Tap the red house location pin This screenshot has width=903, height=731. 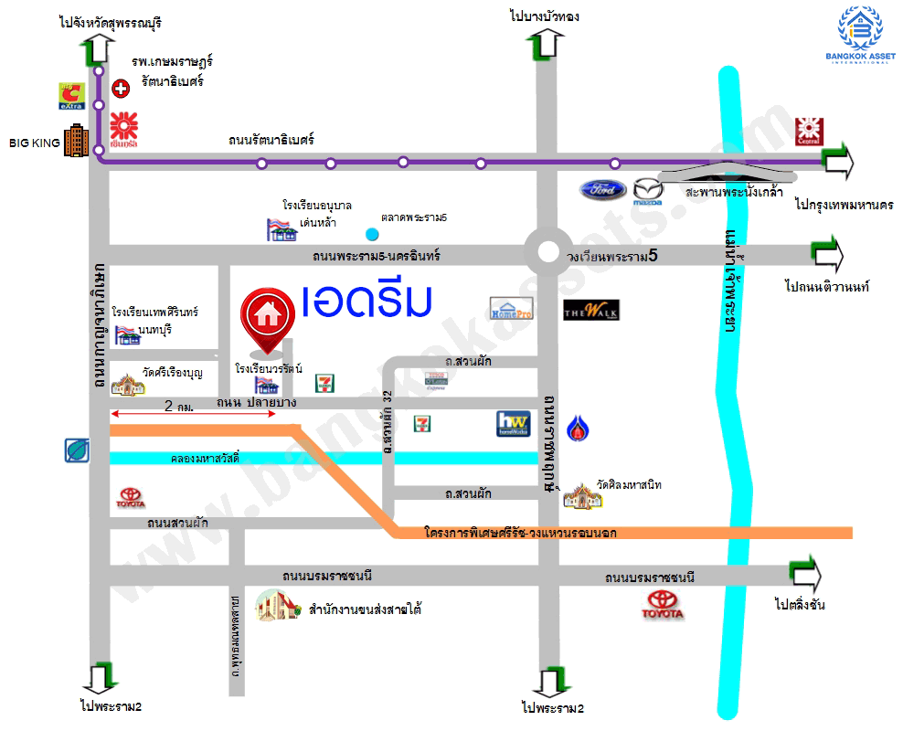click(267, 317)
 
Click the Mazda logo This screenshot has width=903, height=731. click(647, 191)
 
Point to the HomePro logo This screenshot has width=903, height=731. click(511, 309)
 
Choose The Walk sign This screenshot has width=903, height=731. click(591, 310)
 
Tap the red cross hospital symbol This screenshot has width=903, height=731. click(120, 89)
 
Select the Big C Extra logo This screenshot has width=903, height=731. click(71, 95)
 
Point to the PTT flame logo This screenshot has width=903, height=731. click(575, 427)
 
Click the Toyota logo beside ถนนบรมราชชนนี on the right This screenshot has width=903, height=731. click(664, 605)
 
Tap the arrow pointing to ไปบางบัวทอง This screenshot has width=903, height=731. click(547, 43)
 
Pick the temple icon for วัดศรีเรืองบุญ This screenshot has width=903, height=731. click(128, 384)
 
